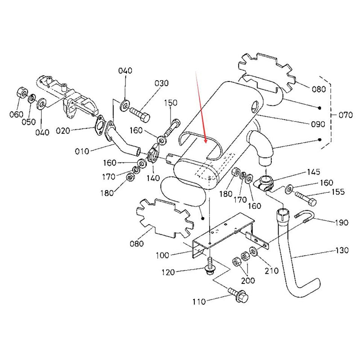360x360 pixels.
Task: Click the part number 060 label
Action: click(15, 114)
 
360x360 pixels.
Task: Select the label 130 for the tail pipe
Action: click(342, 250)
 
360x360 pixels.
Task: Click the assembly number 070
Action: click(345, 115)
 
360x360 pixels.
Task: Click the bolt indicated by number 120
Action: click(210, 269)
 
